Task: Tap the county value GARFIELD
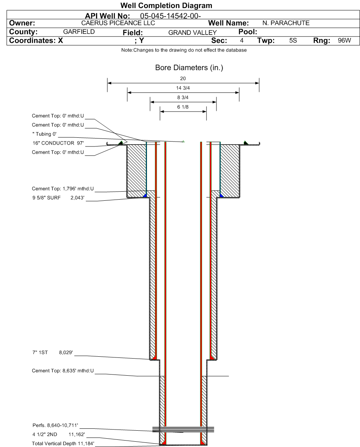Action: pos(79,32)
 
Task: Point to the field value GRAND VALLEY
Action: pos(192,33)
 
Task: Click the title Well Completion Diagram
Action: pos(166,6)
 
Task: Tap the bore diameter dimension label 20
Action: pos(183,79)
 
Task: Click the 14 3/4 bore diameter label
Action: pos(183,88)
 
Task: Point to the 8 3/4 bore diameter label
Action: pos(183,98)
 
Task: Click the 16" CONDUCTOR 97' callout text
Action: pos(57,143)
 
